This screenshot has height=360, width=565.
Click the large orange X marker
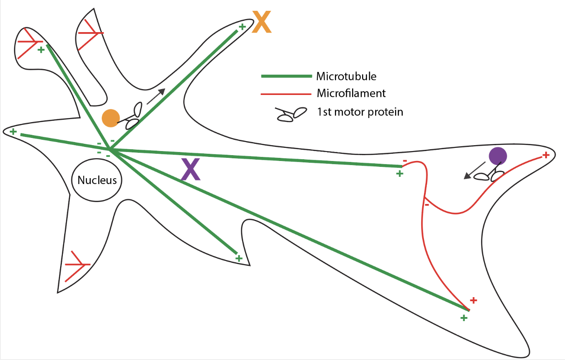[x=262, y=23]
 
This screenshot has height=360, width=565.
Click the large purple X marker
[x=190, y=170]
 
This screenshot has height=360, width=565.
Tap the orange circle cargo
[x=110, y=118]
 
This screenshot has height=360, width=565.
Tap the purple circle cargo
[x=498, y=156]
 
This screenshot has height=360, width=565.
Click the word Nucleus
[x=97, y=180]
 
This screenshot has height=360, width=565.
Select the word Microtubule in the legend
[x=346, y=76]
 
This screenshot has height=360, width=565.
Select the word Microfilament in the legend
[x=351, y=94]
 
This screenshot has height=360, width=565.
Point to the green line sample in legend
[x=286, y=76]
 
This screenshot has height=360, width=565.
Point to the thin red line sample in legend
[x=286, y=94]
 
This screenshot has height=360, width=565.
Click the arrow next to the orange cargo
[x=156, y=96]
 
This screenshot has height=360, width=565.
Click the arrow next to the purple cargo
[x=471, y=173]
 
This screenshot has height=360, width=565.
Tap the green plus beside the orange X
[x=242, y=27]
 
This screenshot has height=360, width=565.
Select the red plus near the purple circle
[x=546, y=155]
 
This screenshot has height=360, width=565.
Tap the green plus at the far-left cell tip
[x=14, y=132]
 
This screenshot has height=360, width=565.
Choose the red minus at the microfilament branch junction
[x=426, y=205]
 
